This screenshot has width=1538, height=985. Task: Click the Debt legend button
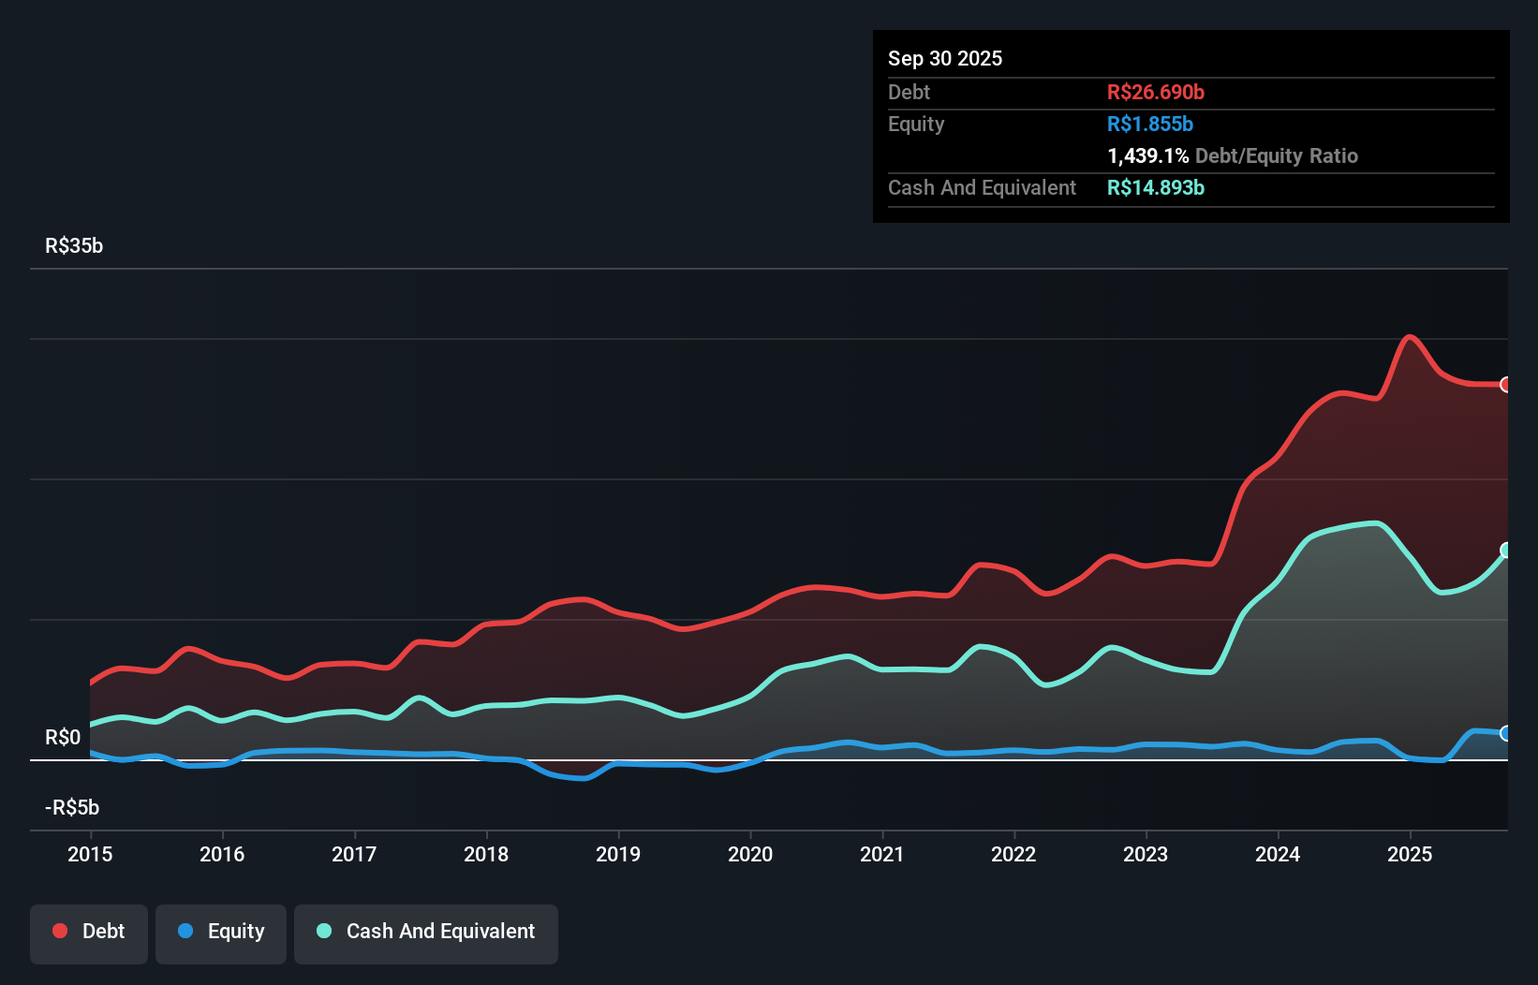click(x=89, y=932)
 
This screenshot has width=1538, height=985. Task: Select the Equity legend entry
click(x=221, y=932)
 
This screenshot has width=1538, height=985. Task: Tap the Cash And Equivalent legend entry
click(x=426, y=932)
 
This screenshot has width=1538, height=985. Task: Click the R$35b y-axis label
click(x=74, y=246)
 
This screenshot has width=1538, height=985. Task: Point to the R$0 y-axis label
click(x=63, y=738)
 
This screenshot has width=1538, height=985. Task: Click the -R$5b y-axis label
click(x=73, y=808)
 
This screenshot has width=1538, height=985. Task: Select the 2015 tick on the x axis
click(x=90, y=854)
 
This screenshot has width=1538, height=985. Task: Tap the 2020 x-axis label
click(x=750, y=854)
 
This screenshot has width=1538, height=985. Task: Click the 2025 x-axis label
click(x=1410, y=854)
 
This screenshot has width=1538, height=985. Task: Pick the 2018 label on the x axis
click(x=486, y=854)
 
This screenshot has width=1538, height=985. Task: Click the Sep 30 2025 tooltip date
click(x=945, y=59)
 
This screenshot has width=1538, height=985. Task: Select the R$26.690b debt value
click(x=1156, y=93)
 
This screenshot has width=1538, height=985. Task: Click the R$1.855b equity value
click(x=1150, y=125)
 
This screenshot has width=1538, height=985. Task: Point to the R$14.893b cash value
click(x=1156, y=188)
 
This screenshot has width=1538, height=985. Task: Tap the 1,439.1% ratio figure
click(x=1147, y=156)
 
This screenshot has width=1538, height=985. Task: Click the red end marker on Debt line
click(x=1506, y=385)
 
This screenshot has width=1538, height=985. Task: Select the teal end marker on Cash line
click(x=1506, y=551)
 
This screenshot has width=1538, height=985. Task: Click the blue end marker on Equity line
click(x=1506, y=733)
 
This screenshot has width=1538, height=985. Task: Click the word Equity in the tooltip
click(x=916, y=125)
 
